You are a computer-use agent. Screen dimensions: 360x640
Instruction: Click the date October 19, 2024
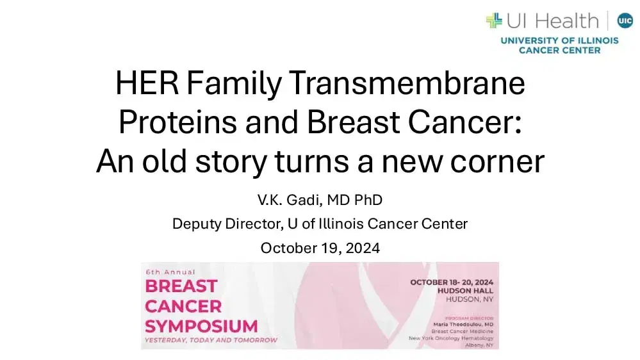tap(320, 248)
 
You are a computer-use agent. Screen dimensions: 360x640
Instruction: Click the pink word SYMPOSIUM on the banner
tap(201, 325)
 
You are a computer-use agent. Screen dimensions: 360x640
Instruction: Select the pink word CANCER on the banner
tap(183, 306)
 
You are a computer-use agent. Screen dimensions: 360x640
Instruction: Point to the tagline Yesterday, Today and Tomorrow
tap(211, 340)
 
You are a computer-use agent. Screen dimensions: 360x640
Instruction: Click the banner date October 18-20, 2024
tap(452, 282)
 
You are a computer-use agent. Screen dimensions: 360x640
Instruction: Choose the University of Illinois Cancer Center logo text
tap(559, 45)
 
